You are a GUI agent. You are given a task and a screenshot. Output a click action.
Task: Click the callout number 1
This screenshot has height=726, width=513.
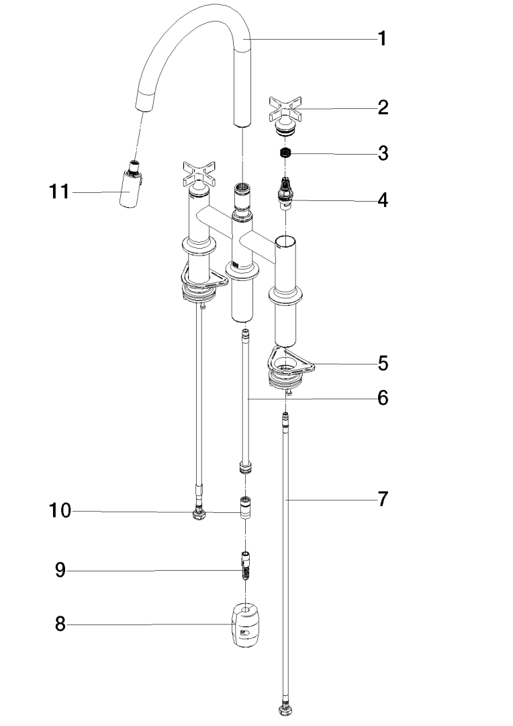pos(382,39)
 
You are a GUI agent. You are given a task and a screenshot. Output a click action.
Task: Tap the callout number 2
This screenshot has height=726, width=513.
pos(382,108)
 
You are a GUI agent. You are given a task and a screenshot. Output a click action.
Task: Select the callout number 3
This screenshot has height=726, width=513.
pos(382,153)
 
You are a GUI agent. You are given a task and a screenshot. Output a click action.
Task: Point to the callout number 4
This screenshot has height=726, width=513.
pos(382,200)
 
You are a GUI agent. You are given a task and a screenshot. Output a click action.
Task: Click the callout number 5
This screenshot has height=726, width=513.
pos(382,364)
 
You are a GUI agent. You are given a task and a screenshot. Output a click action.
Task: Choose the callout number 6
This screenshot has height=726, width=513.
pos(382,398)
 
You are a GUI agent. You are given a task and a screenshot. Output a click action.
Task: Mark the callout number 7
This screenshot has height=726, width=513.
pos(382,499)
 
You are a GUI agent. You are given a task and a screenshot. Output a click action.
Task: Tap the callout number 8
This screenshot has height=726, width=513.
pos(60,624)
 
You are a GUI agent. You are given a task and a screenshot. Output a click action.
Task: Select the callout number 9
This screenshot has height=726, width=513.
pos(60,571)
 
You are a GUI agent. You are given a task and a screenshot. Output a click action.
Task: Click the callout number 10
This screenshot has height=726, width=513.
pos(60,512)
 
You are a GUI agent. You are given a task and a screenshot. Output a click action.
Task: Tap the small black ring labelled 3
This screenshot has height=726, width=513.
pos(286,153)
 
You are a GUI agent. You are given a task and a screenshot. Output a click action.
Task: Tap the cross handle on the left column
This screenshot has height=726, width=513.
pos(198,173)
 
